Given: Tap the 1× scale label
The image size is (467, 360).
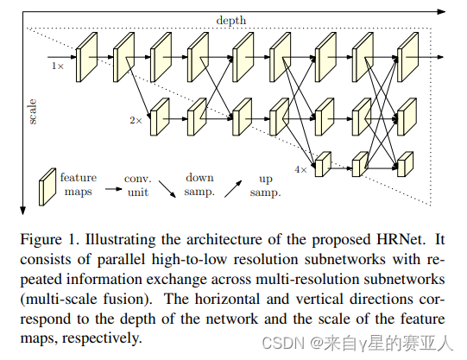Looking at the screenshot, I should pos(58,66).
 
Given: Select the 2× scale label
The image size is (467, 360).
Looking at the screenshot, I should pos(136,119).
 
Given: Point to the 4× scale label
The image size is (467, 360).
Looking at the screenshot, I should pos(300,170).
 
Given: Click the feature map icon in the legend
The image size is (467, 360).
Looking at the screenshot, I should pos(47,187).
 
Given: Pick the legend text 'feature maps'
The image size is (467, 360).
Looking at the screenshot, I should pos(79,185).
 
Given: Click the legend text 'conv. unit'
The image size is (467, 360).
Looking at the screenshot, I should pos(138,185).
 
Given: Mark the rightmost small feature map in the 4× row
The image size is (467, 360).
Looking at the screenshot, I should pos(404,162).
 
